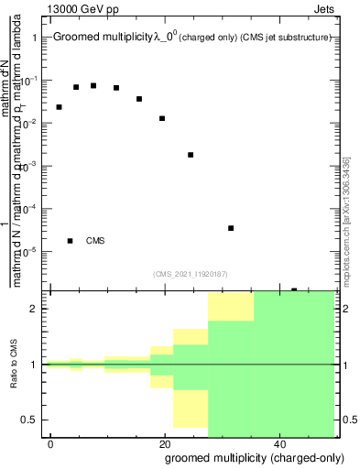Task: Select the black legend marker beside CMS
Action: click(x=71, y=241)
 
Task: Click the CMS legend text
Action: click(x=95, y=241)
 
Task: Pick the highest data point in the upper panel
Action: click(x=93, y=85)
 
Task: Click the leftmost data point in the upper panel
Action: click(x=60, y=107)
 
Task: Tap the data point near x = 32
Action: click(x=231, y=228)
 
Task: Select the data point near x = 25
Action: click(x=191, y=155)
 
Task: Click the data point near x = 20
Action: click(x=162, y=118)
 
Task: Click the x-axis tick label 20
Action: click(x=165, y=444)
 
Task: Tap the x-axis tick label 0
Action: click(x=52, y=444)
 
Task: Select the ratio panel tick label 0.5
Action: click(x=30, y=420)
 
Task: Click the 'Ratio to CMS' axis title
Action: click(x=13, y=364)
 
